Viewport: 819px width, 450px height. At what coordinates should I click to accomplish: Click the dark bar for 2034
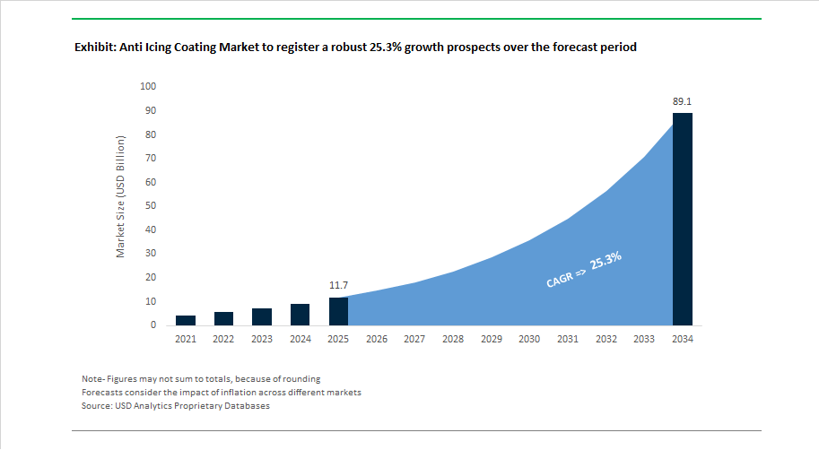point(682,220)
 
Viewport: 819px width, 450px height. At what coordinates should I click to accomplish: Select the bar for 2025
point(338,312)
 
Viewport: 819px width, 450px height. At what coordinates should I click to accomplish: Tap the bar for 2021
point(186,321)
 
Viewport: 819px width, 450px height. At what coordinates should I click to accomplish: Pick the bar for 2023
point(262,316)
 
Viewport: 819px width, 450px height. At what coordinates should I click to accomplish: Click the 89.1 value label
point(682,102)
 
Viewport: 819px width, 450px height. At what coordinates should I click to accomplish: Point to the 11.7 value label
point(338,286)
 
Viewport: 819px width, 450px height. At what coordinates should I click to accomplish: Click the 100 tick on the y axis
point(148,86)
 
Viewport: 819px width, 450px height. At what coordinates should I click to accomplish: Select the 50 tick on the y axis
point(151,205)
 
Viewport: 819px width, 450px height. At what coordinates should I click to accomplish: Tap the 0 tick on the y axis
point(153,325)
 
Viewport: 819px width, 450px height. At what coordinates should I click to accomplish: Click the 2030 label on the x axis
point(529,340)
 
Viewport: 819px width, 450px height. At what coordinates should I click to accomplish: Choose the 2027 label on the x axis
point(414,340)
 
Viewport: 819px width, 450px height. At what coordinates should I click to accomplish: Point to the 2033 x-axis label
point(644,340)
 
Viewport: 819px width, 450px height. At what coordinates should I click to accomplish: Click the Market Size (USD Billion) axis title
point(121,197)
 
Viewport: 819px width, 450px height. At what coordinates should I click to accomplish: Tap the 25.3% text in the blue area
point(606,261)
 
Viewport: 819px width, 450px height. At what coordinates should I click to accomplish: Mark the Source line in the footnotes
point(176,405)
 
